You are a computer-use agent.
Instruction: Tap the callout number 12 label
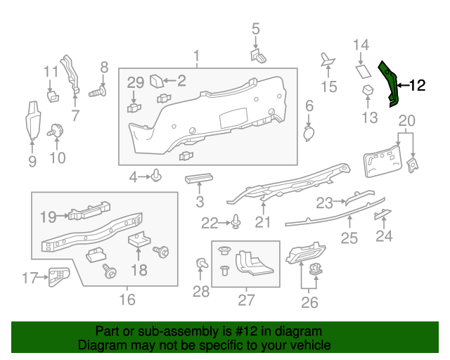[x=417, y=86]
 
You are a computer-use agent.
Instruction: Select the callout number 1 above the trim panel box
[x=197, y=56]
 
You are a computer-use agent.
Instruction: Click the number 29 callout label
[x=135, y=84]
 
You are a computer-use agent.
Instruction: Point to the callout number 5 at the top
[x=255, y=29]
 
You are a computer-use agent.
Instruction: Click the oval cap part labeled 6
[x=309, y=132]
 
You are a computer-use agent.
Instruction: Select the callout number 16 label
[x=127, y=300]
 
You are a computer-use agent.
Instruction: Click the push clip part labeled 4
[x=156, y=175]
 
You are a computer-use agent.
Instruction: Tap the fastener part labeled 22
[x=237, y=224]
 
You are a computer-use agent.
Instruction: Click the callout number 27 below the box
[x=245, y=300]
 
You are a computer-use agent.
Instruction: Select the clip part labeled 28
[x=202, y=264]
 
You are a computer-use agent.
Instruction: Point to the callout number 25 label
[x=349, y=238]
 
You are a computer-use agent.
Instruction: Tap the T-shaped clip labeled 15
[x=328, y=61]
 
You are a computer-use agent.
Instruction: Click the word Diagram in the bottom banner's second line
[x=101, y=346]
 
